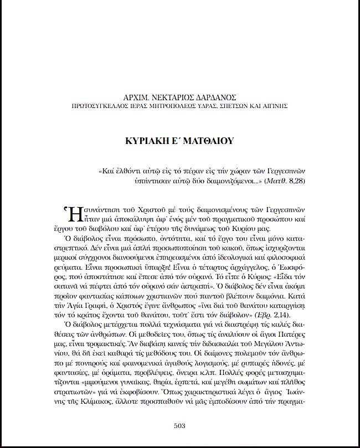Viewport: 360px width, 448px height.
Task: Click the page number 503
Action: click(x=179, y=426)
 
